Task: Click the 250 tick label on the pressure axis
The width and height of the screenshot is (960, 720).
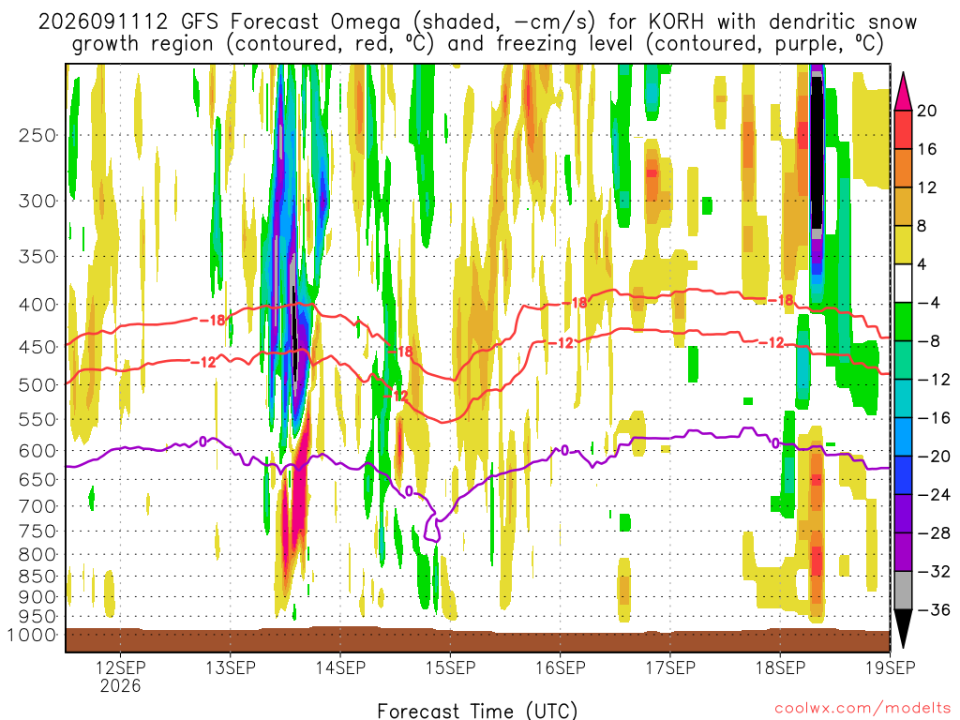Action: (37, 135)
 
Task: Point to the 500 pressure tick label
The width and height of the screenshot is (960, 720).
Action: (37, 385)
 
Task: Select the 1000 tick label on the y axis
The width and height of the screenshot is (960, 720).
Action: (31, 635)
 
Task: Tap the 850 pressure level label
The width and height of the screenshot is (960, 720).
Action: (37, 577)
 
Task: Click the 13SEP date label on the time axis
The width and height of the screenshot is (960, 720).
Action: (231, 667)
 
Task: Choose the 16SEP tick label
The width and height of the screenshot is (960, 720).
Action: (561, 667)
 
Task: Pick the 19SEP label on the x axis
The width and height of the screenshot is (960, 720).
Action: (890, 667)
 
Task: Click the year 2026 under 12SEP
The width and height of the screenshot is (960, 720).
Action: (121, 685)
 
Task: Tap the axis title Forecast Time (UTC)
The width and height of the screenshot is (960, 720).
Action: (477, 711)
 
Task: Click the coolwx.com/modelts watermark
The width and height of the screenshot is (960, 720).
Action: (862, 709)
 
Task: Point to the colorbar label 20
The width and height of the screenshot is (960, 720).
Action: (926, 111)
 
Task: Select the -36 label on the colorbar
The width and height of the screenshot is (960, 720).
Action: (933, 609)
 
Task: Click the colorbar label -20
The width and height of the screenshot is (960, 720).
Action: (933, 457)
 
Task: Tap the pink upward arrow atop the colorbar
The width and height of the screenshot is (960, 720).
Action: (903, 91)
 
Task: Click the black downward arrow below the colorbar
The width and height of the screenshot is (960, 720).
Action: (903, 629)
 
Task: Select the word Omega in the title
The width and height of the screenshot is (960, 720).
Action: (366, 22)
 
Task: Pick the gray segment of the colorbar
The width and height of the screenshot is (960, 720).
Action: (903, 591)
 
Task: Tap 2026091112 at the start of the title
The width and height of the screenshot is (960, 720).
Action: (103, 22)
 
